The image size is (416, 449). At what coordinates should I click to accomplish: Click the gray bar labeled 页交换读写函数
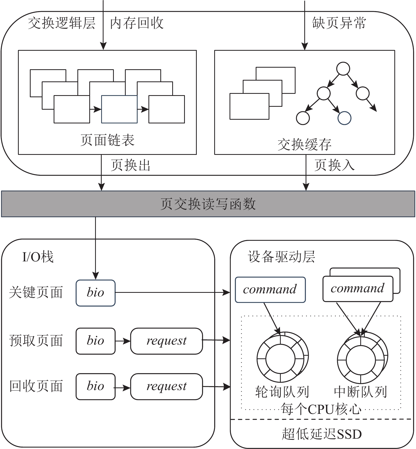point(208,204)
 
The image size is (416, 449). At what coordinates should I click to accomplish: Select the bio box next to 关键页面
point(95,293)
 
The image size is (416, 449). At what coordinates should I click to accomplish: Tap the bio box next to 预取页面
point(95,341)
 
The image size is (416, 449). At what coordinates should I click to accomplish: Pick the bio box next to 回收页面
point(95,386)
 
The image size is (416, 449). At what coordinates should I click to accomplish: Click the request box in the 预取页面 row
point(166,341)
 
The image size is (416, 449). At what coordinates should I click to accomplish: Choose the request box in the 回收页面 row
point(166,386)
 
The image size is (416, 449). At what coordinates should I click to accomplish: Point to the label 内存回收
point(137,23)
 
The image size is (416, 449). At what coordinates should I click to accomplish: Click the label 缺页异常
point(339,23)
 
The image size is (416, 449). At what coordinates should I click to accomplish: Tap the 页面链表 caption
point(107,140)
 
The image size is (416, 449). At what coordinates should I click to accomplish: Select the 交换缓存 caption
point(304,145)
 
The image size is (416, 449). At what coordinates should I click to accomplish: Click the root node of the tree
point(343,69)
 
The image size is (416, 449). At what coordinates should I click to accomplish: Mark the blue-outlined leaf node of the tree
point(344,118)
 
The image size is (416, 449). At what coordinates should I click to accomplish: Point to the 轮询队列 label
point(282,392)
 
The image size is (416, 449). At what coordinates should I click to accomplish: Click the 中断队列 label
point(360,392)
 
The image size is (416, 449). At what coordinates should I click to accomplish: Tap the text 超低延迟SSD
point(321,434)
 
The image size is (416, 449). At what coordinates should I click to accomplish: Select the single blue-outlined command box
point(270,290)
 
